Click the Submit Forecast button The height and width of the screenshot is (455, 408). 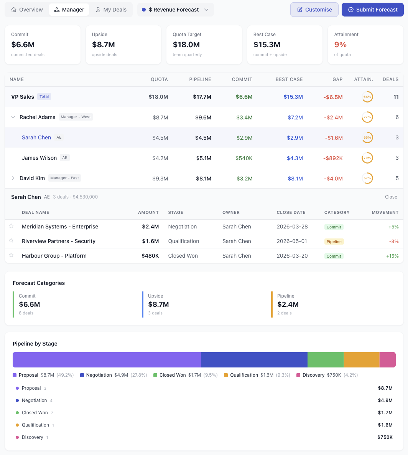(x=372, y=10)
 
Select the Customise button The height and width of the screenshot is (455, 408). (x=314, y=10)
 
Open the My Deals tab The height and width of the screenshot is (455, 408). (x=111, y=10)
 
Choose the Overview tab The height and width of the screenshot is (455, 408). (x=27, y=10)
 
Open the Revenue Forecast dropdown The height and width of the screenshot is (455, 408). (x=175, y=10)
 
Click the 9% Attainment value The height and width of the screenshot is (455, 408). (x=340, y=45)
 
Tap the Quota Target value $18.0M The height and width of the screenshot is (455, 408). (x=186, y=45)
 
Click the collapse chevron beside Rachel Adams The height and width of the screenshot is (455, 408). (x=13, y=117)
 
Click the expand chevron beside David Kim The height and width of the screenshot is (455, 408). (x=13, y=178)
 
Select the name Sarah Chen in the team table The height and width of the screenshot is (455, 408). (x=36, y=137)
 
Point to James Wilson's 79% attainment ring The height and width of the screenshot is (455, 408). (x=367, y=158)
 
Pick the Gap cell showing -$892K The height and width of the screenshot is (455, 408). (x=333, y=158)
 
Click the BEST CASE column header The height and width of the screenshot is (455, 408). (x=289, y=79)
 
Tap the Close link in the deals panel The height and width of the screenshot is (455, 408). (x=391, y=197)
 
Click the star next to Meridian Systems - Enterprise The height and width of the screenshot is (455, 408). (x=11, y=226)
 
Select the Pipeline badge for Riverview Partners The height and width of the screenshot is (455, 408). (x=334, y=242)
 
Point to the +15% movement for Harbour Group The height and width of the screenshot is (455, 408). (x=393, y=256)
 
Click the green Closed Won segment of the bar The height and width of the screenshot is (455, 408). (x=325, y=360)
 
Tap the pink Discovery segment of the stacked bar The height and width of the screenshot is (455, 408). (x=387, y=360)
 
